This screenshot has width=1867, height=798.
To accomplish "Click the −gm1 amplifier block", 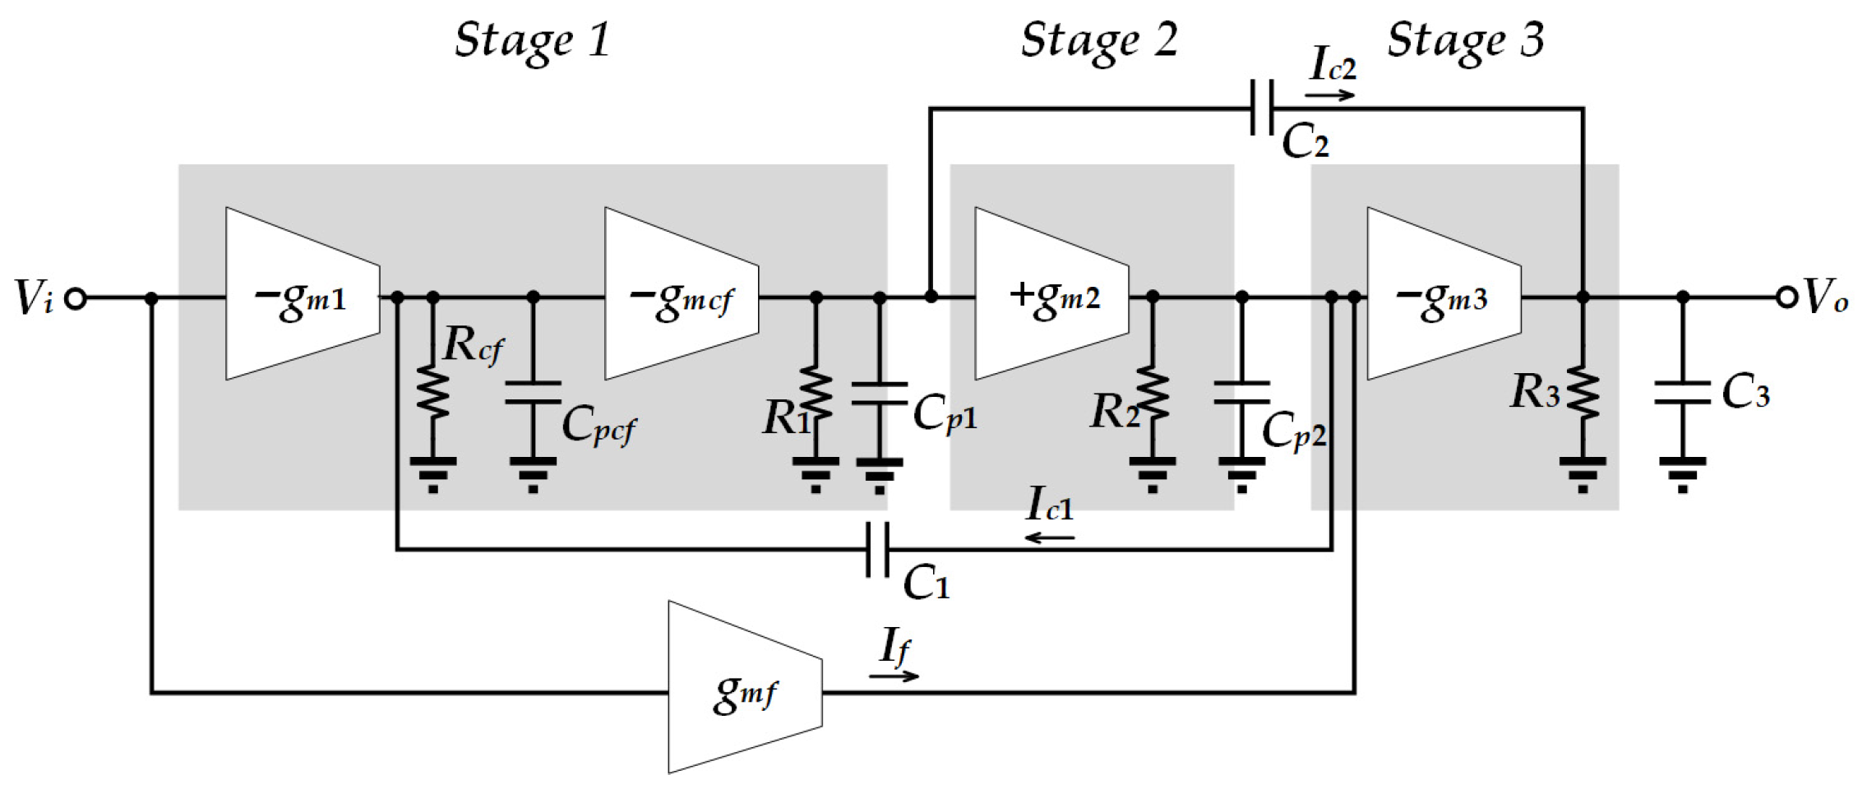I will point(301,296).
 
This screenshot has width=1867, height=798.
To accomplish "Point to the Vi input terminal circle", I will point(76,298).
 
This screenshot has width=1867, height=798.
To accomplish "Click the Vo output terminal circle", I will point(1786,297).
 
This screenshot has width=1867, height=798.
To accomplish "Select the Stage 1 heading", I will point(532,39).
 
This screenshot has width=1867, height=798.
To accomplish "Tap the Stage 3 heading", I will point(1466,39).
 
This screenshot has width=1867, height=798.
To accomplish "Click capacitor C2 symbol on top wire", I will point(1261,108).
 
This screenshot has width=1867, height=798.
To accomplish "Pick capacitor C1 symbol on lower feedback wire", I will point(877,549).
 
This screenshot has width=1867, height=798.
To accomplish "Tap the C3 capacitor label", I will point(1745,392).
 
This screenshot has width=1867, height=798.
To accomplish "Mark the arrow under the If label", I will point(894,676).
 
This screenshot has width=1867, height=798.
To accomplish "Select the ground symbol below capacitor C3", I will point(1682,473).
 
